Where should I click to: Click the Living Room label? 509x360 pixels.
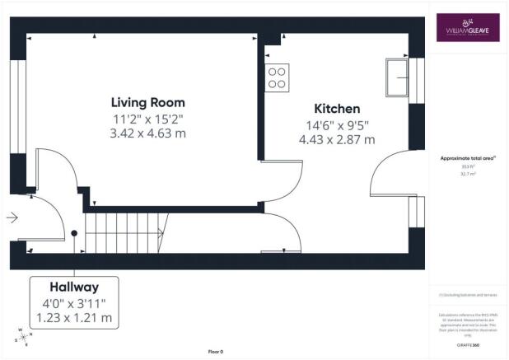point(148,103)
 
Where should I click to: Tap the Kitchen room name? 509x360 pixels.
point(337,109)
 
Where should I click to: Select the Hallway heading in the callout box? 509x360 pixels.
point(74,288)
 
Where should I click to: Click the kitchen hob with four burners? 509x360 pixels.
point(278,77)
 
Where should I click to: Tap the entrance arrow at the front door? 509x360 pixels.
point(12,218)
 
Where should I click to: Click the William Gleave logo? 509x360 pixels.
point(467,26)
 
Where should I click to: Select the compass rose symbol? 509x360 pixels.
point(23,337)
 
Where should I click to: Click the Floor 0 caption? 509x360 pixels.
point(215,352)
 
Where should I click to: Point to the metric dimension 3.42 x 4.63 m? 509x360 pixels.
point(148,133)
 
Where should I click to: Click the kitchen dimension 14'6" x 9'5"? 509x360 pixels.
point(337,125)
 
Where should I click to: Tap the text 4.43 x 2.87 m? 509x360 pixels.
point(337,139)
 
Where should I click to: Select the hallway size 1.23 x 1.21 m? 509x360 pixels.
point(74,317)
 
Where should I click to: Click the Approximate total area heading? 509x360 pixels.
point(467,159)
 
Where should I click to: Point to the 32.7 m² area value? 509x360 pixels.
point(467,174)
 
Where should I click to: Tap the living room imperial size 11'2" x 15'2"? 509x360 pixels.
point(148,119)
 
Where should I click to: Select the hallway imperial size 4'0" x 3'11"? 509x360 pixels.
point(74,303)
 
